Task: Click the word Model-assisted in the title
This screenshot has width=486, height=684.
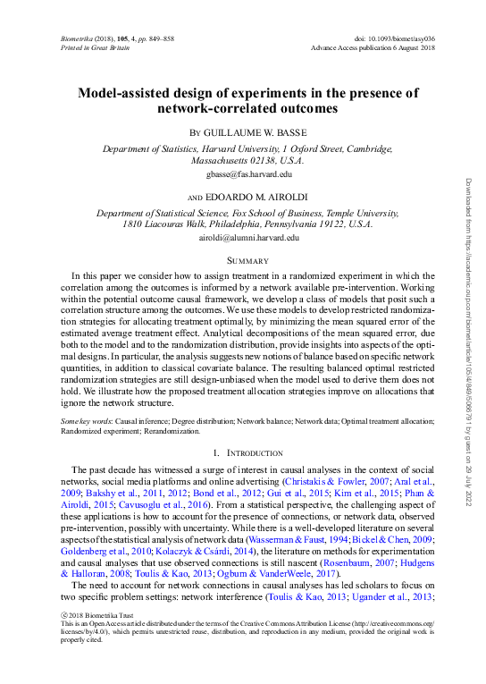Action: click(128, 93)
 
